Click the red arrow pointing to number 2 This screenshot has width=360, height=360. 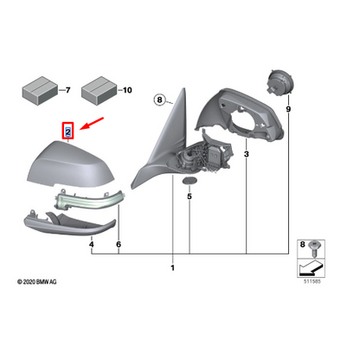[x=92, y=123]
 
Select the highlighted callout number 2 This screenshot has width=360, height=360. [x=68, y=132]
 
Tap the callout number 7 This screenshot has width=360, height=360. [x=67, y=90]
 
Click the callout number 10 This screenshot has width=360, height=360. [x=127, y=90]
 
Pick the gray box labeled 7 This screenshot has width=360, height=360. [x=40, y=90]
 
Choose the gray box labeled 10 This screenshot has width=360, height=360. [x=99, y=90]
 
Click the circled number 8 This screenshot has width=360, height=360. [x=159, y=100]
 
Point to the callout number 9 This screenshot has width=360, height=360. [x=288, y=109]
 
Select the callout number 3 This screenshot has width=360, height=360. [x=247, y=154]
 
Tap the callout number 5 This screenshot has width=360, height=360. [x=190, y=196]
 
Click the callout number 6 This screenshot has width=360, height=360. [x=119, y=244]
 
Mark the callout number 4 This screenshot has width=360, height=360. [x=92, y=244]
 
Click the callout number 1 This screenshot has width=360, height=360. [x=172, y=267]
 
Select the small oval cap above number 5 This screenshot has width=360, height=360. [x=190, y=181]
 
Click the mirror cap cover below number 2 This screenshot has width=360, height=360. [x=70, y=164]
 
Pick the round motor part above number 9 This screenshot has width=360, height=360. [x=280, y=82]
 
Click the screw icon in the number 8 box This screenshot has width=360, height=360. [x=313, y=248]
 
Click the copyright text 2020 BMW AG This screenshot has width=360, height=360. [x=37, y=282]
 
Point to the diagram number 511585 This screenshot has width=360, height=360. [x=312, y=281]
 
